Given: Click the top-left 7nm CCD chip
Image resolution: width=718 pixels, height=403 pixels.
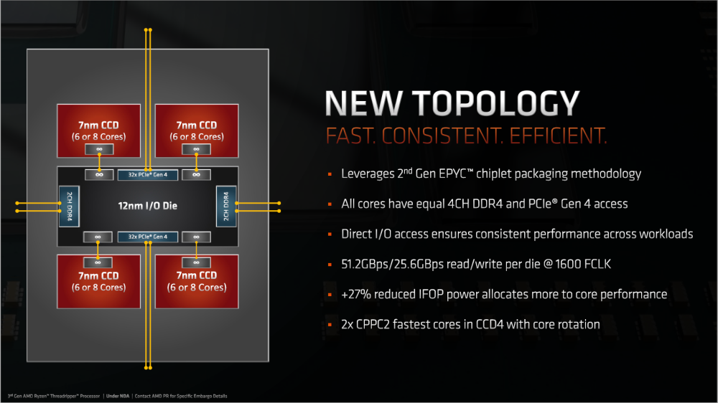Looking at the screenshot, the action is click(98, 131).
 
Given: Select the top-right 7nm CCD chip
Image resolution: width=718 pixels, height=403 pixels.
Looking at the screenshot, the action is click(197, 131).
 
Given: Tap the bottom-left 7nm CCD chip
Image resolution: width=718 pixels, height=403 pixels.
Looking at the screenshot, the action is click(98, 281).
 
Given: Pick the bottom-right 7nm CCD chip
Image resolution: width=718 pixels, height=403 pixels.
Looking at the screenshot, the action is click(197, 281).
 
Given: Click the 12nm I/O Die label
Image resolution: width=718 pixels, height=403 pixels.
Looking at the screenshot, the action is click(147, 206).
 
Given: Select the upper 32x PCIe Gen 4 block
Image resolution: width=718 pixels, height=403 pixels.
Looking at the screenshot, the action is click(147, 175).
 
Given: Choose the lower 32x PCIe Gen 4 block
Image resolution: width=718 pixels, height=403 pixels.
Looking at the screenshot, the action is click(147, 237).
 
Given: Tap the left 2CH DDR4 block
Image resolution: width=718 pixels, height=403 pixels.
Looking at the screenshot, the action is click(69, 207).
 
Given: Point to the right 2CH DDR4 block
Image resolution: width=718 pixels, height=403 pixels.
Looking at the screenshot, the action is click(225, 207).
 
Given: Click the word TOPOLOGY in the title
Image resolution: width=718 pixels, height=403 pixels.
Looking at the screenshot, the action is click(496, 103).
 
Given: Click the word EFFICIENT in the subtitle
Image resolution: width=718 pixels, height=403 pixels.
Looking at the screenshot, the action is click(558, 136).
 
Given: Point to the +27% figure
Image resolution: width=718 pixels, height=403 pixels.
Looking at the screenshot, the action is click(355, 294).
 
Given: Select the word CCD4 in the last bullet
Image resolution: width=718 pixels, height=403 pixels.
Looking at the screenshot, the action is click(490, 324).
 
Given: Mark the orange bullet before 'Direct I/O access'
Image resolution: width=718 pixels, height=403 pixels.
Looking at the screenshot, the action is click(330, 234).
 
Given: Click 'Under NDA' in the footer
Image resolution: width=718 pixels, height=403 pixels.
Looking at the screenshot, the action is click(118, 396).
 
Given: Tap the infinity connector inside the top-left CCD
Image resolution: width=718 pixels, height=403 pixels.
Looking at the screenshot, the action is click(99, 149).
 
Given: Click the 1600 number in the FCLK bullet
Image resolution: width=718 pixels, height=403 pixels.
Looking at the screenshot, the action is click(569, 264).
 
